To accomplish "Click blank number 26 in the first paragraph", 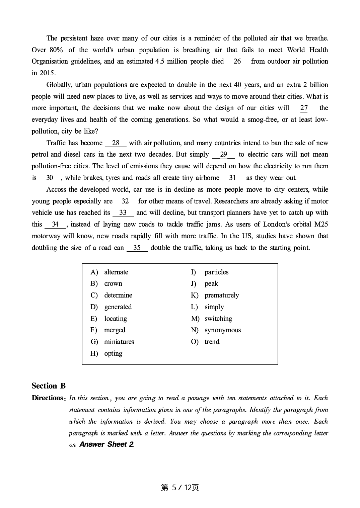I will (x=237, y=61).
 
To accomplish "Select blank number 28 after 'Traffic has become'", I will (x=116, y=143).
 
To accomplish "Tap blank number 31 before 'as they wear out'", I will (x=233, y=178).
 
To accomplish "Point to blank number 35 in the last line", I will (x=137, y=248).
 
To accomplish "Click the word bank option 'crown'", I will (x=113, y=283).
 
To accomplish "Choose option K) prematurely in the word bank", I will (x=222, y=295).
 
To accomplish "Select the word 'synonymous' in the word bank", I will (x=223, y=330).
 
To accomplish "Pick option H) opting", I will (x=113, y=353).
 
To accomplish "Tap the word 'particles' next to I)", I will (x=216, y=272).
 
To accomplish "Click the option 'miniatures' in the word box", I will (x=119, y=342).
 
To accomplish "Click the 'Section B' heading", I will (x=49, y=386).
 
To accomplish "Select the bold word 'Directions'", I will (x=47, y=398).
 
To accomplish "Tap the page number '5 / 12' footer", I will (x=180, y=488).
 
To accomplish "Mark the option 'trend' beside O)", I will (x=212, y=342).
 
